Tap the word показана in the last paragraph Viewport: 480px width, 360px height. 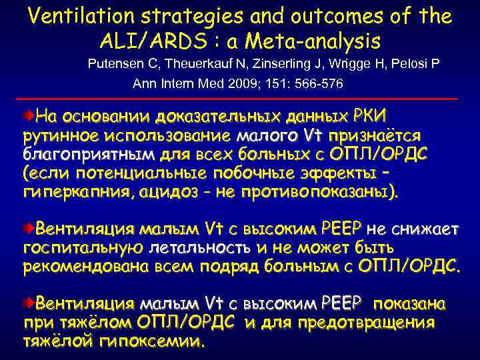408,304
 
